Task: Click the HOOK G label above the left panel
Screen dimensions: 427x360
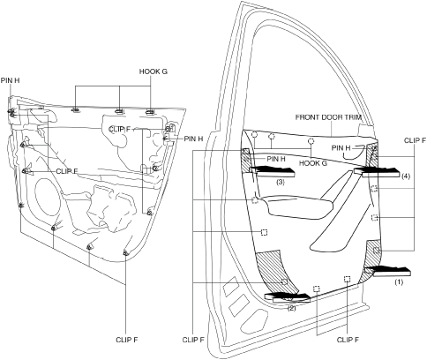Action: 154,71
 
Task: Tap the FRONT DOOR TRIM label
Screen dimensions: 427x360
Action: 328,117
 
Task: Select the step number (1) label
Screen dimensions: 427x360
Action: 399,281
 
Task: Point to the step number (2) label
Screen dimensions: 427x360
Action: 291,308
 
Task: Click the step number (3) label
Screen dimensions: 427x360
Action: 281,182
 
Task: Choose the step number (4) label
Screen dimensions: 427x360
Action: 405,176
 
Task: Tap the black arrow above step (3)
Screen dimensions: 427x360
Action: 272,172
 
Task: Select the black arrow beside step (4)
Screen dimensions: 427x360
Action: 377,172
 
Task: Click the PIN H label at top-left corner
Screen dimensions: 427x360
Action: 10,80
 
